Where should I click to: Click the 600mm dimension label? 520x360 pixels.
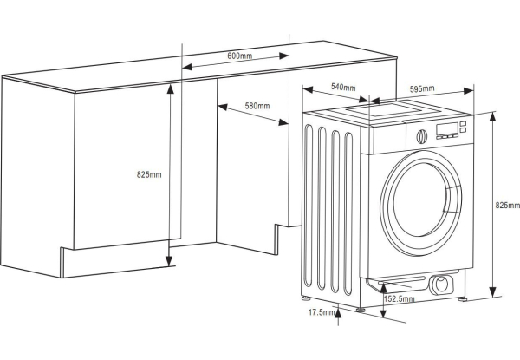click(x=239, y=56)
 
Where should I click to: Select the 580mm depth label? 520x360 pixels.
click(x=257, y=106)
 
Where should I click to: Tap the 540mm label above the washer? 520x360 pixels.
click(x=344, y=87)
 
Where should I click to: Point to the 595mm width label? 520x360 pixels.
click(x=422, y=89)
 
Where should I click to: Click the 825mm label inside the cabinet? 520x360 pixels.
click(x=149, y=174)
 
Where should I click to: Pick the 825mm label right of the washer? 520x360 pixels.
click(x=507, y=206)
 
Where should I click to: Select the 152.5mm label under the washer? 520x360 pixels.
click(x=400, y=299)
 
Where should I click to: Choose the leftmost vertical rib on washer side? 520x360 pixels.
click(x=311, y=208)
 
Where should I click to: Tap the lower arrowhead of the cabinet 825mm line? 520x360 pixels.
click(x=170, y=264)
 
